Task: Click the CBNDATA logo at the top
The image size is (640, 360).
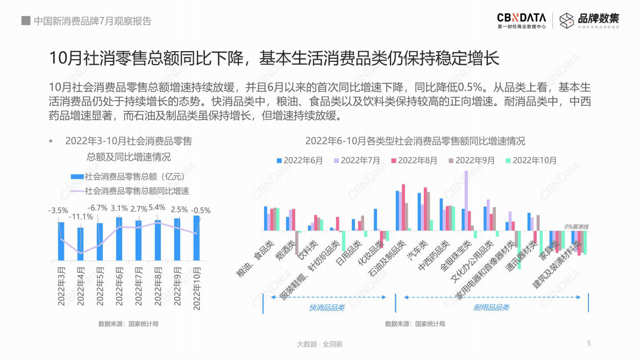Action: [x=521, y=20]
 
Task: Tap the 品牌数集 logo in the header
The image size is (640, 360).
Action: [x=589, y=20]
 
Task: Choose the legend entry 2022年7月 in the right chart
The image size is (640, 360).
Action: [x=357, y=160]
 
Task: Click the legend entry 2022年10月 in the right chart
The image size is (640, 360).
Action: [x=531, y=160]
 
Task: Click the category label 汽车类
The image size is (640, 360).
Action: [x=417, y=250]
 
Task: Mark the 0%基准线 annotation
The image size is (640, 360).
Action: [x=576, y=227]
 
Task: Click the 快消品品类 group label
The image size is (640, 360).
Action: [x=326, y=307]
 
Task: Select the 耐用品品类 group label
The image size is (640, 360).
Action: [x=491, y=307]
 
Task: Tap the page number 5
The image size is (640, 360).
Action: [x=589, y=343]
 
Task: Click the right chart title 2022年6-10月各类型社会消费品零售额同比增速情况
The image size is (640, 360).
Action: [x=415, y=142]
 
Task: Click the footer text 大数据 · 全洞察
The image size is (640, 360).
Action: [x=319, y=344]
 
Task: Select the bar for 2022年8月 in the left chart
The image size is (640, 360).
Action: [x=158, y=240]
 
